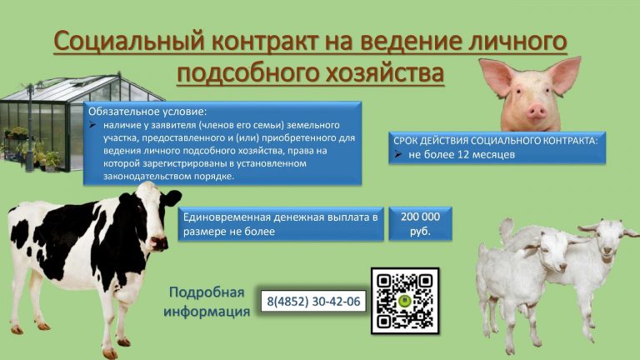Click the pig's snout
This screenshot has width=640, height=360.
coord(536,110)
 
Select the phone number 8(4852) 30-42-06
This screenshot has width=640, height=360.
coord(313,301)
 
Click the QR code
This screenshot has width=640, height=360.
coord(404,301)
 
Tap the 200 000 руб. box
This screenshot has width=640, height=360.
coord(420,223)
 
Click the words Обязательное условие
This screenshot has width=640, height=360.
coord(147,112)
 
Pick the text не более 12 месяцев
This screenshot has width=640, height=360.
coord(462,155)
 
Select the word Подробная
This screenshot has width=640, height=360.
coord(207,292)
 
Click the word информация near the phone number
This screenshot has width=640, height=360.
coord(207,312)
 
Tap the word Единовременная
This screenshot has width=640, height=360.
coord(227,217)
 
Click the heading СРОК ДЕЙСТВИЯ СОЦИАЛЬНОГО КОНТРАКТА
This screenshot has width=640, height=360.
coord(496,141)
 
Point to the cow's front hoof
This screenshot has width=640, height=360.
coord(110,353)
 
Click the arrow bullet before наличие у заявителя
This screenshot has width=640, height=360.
coord(93,125)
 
